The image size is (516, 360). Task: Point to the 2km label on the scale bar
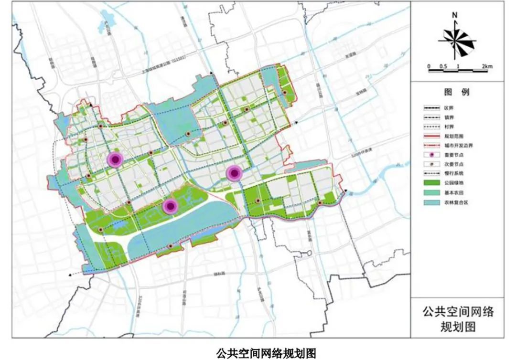click(486, 66)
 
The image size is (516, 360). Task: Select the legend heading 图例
click(457, 92)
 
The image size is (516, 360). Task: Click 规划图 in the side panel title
click(458, 327)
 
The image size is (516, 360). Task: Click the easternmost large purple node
click(234, 173)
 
